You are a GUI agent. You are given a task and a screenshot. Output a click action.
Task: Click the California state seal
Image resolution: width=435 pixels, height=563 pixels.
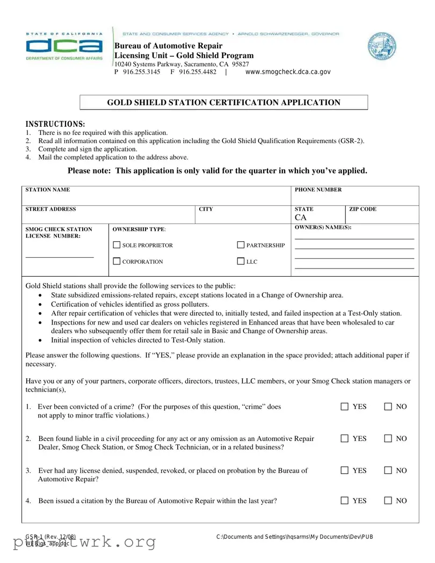pyautogui.click(x=382, y=47)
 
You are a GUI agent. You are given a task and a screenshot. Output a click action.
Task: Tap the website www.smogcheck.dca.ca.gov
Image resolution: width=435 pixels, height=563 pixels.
pyautogui.click(x=288, y=71)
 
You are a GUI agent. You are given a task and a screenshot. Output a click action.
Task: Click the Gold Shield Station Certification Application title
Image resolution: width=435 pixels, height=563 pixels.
pyautogui.click(x=223, y=103)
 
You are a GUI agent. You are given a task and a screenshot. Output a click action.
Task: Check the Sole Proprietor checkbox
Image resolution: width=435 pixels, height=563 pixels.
pyautogui.click(x=117, y=246)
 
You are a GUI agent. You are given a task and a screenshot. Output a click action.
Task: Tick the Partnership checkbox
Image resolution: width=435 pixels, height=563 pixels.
pyautogui.click(x=241, y=246)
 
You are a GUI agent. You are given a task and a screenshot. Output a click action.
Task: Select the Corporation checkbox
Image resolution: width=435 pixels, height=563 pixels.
pyautogui.click(x=117, y=262)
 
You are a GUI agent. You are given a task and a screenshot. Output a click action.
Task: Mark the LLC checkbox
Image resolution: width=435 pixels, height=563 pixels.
pyautogui.click(x=241, y=262)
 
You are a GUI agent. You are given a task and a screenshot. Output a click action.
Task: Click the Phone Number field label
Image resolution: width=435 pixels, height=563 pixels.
pyautogui.click(x=318, y=190)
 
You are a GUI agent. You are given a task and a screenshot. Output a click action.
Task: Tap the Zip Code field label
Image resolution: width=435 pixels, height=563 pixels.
pyautogui.click(x=363, y=209)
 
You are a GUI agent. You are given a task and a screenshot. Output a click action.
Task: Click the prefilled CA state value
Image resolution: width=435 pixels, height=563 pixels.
pyautogui.click(x=300, y=218)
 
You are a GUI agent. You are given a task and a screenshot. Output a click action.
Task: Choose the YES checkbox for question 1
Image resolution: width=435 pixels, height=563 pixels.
pyautogui.click(x=344, y=407)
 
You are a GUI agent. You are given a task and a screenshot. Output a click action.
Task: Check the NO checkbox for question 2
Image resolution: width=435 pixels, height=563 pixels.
pyautogui.click(x=388, y=439)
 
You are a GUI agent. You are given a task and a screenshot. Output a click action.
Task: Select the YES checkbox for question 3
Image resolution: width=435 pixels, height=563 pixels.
pyautogui.click(x=344, y=471)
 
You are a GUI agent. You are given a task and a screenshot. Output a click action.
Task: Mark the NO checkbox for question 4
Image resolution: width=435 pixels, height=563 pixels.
pyautogui.click(x=388, y=501)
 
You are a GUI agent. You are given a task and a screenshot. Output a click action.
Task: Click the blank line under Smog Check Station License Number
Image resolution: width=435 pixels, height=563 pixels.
pyautogui.click(x=60, y=257)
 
